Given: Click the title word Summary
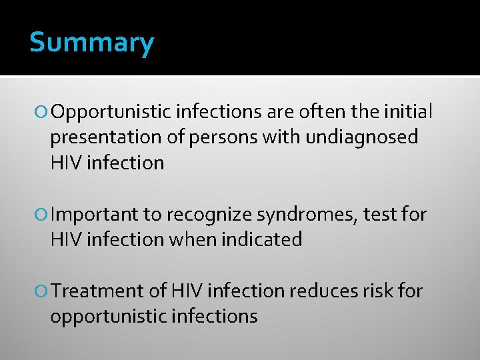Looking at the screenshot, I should point(91,43).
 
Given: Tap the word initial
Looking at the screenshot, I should point(407,111).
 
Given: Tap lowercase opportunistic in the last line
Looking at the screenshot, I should point(107,317).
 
